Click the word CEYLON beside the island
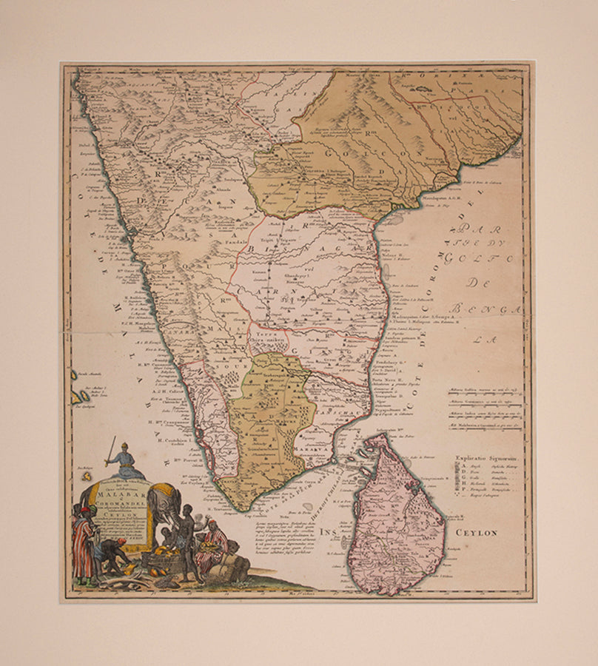(x=477, y=532)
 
